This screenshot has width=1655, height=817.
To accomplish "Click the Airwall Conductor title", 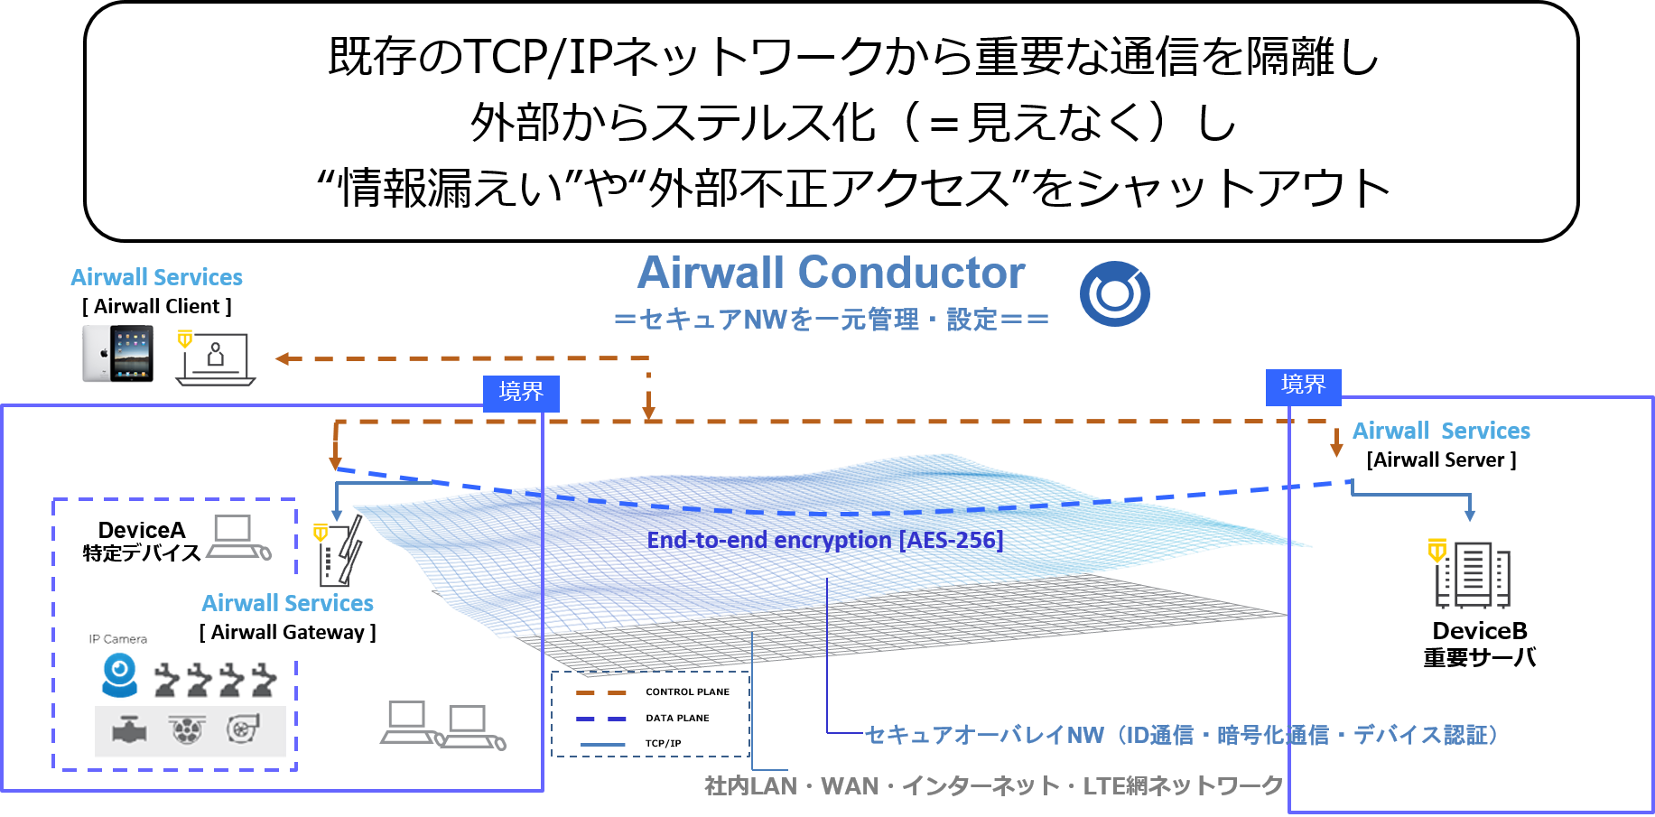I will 831,273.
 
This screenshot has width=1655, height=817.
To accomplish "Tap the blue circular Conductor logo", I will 1114,293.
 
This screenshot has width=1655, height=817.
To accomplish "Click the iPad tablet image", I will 119,355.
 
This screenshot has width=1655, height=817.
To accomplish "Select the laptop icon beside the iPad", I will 215,359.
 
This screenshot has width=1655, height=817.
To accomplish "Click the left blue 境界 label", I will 521,393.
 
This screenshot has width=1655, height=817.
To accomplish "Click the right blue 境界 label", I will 1303,385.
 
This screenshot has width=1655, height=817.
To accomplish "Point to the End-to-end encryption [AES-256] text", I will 824,540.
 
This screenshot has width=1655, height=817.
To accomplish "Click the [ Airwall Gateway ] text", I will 287,632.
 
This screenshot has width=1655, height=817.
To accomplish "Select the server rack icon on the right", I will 1474,575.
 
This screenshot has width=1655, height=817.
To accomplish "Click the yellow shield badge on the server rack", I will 1437,550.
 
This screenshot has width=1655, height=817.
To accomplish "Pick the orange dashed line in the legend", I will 601,693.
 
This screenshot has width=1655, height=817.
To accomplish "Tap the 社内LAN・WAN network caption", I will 993,785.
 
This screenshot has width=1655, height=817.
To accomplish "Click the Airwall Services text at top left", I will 157,277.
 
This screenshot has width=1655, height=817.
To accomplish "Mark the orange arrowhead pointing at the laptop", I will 282,358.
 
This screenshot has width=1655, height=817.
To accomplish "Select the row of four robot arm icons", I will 216,680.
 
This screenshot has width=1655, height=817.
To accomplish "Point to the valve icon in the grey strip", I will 129,729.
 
